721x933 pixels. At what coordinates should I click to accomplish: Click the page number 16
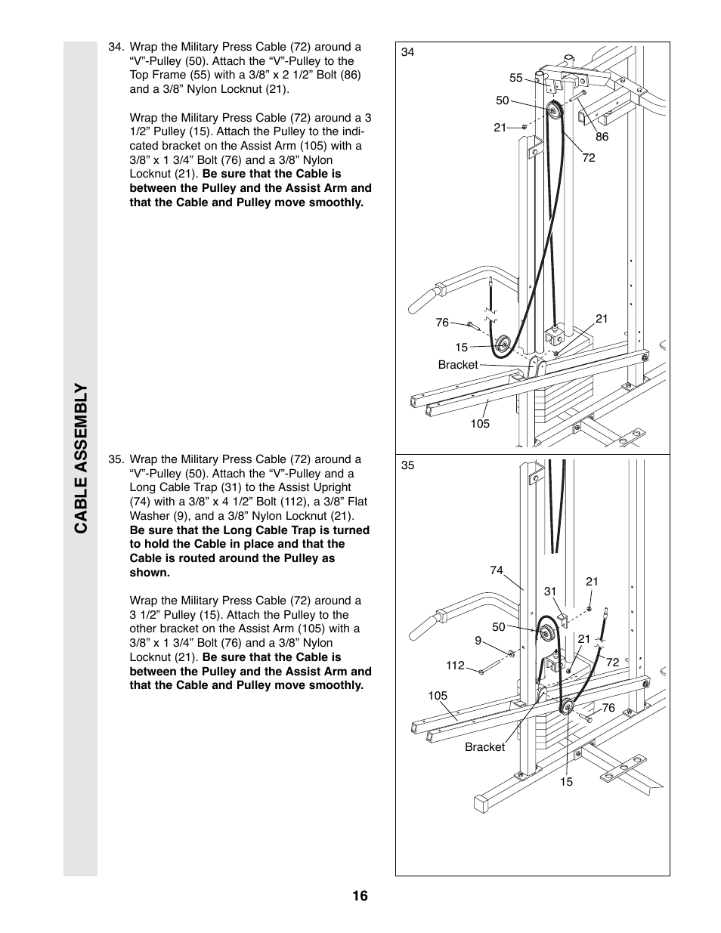[x=359, y=896]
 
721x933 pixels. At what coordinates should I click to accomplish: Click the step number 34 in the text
[x=116, y=47]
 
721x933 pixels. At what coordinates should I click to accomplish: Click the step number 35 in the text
[x=116, y=459]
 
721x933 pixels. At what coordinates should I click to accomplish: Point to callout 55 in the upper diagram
[x=516, y=78]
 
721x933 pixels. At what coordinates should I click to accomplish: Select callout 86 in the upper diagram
[x=602, y=137]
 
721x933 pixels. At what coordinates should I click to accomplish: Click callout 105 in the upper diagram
[x=480, y=424]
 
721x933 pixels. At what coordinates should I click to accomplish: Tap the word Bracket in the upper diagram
[x=458, y=365]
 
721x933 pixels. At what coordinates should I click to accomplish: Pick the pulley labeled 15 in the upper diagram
[x=500, y=347]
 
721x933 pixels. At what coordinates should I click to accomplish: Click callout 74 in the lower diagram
[x=496, y=570]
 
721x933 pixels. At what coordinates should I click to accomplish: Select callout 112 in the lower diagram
[x=455, y=666]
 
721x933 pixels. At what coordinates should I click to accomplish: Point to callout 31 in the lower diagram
[x=549, y=592]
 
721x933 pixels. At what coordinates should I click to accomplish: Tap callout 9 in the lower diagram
[x=478, y=641]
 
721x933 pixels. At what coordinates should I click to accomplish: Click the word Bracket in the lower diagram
[x=484, y=747]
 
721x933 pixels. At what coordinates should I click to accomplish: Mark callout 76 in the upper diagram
[x=442, y=323]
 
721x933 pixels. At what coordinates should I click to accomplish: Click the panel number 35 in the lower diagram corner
[x=408, y=465]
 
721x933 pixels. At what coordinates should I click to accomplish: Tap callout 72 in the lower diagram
[x=612, y=662]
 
